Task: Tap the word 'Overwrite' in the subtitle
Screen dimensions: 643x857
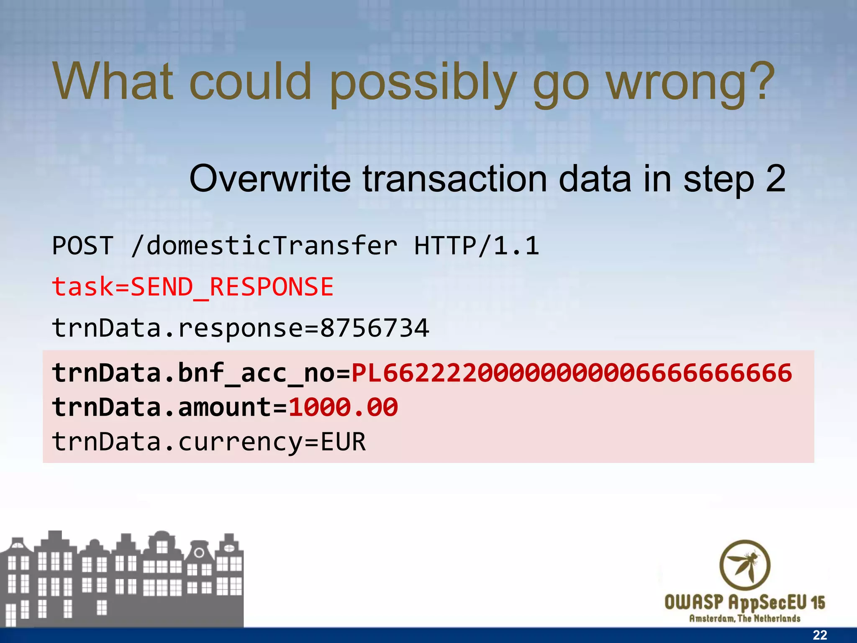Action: [270, 179]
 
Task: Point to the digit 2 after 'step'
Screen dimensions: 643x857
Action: [775, 178]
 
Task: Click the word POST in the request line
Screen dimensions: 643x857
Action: [83, 245]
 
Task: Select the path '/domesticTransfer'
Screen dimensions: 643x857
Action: [264, 245]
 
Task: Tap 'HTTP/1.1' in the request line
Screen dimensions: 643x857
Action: [476, 245]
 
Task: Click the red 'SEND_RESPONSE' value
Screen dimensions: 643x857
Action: [232, 287]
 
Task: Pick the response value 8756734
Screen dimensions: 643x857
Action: [375, 328]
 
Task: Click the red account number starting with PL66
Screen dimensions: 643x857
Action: [572, 373]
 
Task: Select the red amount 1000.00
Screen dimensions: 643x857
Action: [343, 407]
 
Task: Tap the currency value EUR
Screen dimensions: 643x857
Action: [343, 442]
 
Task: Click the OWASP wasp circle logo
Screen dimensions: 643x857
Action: [745, 565]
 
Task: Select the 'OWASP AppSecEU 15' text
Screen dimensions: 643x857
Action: [745, 603]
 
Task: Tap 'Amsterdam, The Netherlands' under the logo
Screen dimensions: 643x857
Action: [745, 618]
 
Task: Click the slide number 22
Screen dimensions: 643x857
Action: [820, 635]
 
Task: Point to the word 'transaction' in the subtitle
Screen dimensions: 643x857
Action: [454, 179]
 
